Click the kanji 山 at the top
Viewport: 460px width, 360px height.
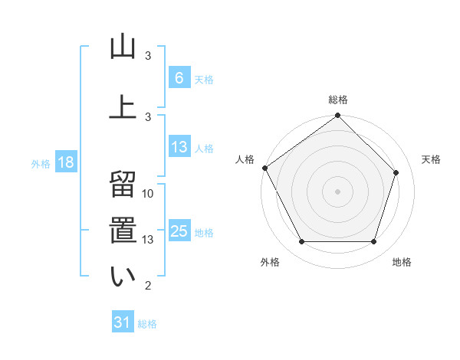[x=122, y=47]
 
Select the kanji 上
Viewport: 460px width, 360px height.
[x=122, y=106]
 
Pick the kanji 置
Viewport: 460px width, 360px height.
[x=122, y=230]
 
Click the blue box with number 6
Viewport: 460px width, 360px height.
[x=179, y=77]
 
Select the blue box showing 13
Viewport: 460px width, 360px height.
[x=179, y=147]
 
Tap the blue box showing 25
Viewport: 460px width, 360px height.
[x=179, y=231]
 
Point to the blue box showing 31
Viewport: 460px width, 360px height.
[x=123, y=322]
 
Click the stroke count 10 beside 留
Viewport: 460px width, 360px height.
[x=148, y=194]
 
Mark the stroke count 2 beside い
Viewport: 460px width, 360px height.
[x=148, y=286]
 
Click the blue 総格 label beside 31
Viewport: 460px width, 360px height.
[x=147, y=324]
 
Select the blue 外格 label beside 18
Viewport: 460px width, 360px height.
[x=41, y=163]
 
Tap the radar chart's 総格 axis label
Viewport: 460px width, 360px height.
[x=338, y=100]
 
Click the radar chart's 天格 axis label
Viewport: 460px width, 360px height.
[x=432, y=159]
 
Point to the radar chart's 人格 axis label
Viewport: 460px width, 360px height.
[x=245, y=159]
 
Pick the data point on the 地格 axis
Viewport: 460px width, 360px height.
[x=373, y=242]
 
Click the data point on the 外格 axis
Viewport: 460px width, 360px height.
[x=301, y=242]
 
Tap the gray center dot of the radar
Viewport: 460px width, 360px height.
[x=337, y=191]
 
